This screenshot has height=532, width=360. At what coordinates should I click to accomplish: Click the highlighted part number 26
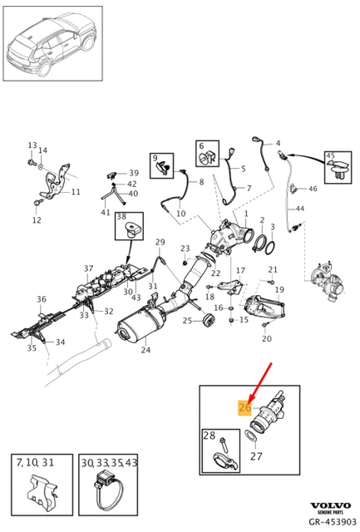tap(245, 406)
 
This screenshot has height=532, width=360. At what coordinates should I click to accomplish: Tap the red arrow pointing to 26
tap(260, 382)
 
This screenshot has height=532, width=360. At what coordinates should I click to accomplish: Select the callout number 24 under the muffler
tap(145, 349)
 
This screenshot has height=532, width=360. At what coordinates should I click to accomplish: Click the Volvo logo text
tap(331, 505)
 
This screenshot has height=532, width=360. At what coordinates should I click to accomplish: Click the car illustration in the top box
tap(52, 43)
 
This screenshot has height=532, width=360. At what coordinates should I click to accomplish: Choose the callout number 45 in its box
tap(330, 155)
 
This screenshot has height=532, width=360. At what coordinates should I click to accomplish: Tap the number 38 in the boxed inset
tap(121, 216)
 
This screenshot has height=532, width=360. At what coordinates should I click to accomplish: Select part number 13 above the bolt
tap(32, 145)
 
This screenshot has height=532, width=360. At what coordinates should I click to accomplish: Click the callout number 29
tap(160, 242)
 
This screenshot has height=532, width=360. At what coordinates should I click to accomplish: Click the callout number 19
tap(279, 289)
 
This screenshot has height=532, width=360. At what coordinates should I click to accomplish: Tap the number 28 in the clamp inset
tap(210, 435)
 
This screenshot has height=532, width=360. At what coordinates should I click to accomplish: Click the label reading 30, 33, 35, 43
tap(109, 462)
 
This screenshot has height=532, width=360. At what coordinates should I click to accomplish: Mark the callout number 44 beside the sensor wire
tap(299, 209)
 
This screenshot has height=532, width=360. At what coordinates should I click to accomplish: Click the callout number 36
tap(42, 299)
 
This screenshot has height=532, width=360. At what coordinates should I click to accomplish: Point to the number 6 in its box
tap(201, 146)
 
